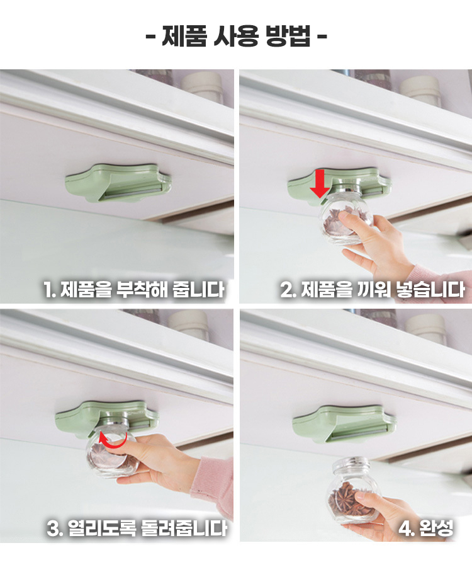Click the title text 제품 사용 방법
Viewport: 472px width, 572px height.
[x=236, y=36]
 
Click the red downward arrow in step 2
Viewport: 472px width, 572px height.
[x=320, y=183]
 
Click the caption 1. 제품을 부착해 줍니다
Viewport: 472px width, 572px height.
[x=133, y=289]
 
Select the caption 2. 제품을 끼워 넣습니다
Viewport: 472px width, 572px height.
[x=372, y=289]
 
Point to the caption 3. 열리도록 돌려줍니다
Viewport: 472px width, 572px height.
[x=137, y=528]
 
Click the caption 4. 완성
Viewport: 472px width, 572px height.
[x=425, y=528]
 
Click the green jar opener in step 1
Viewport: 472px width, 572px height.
[x=118, y=182]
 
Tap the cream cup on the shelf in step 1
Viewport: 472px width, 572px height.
[x=203, y=87]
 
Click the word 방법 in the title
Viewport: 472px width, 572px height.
[x=288, y=36]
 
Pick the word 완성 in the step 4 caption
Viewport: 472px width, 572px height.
[x=436, y=528]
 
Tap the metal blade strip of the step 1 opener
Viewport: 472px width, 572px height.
[x=131, y=193]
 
